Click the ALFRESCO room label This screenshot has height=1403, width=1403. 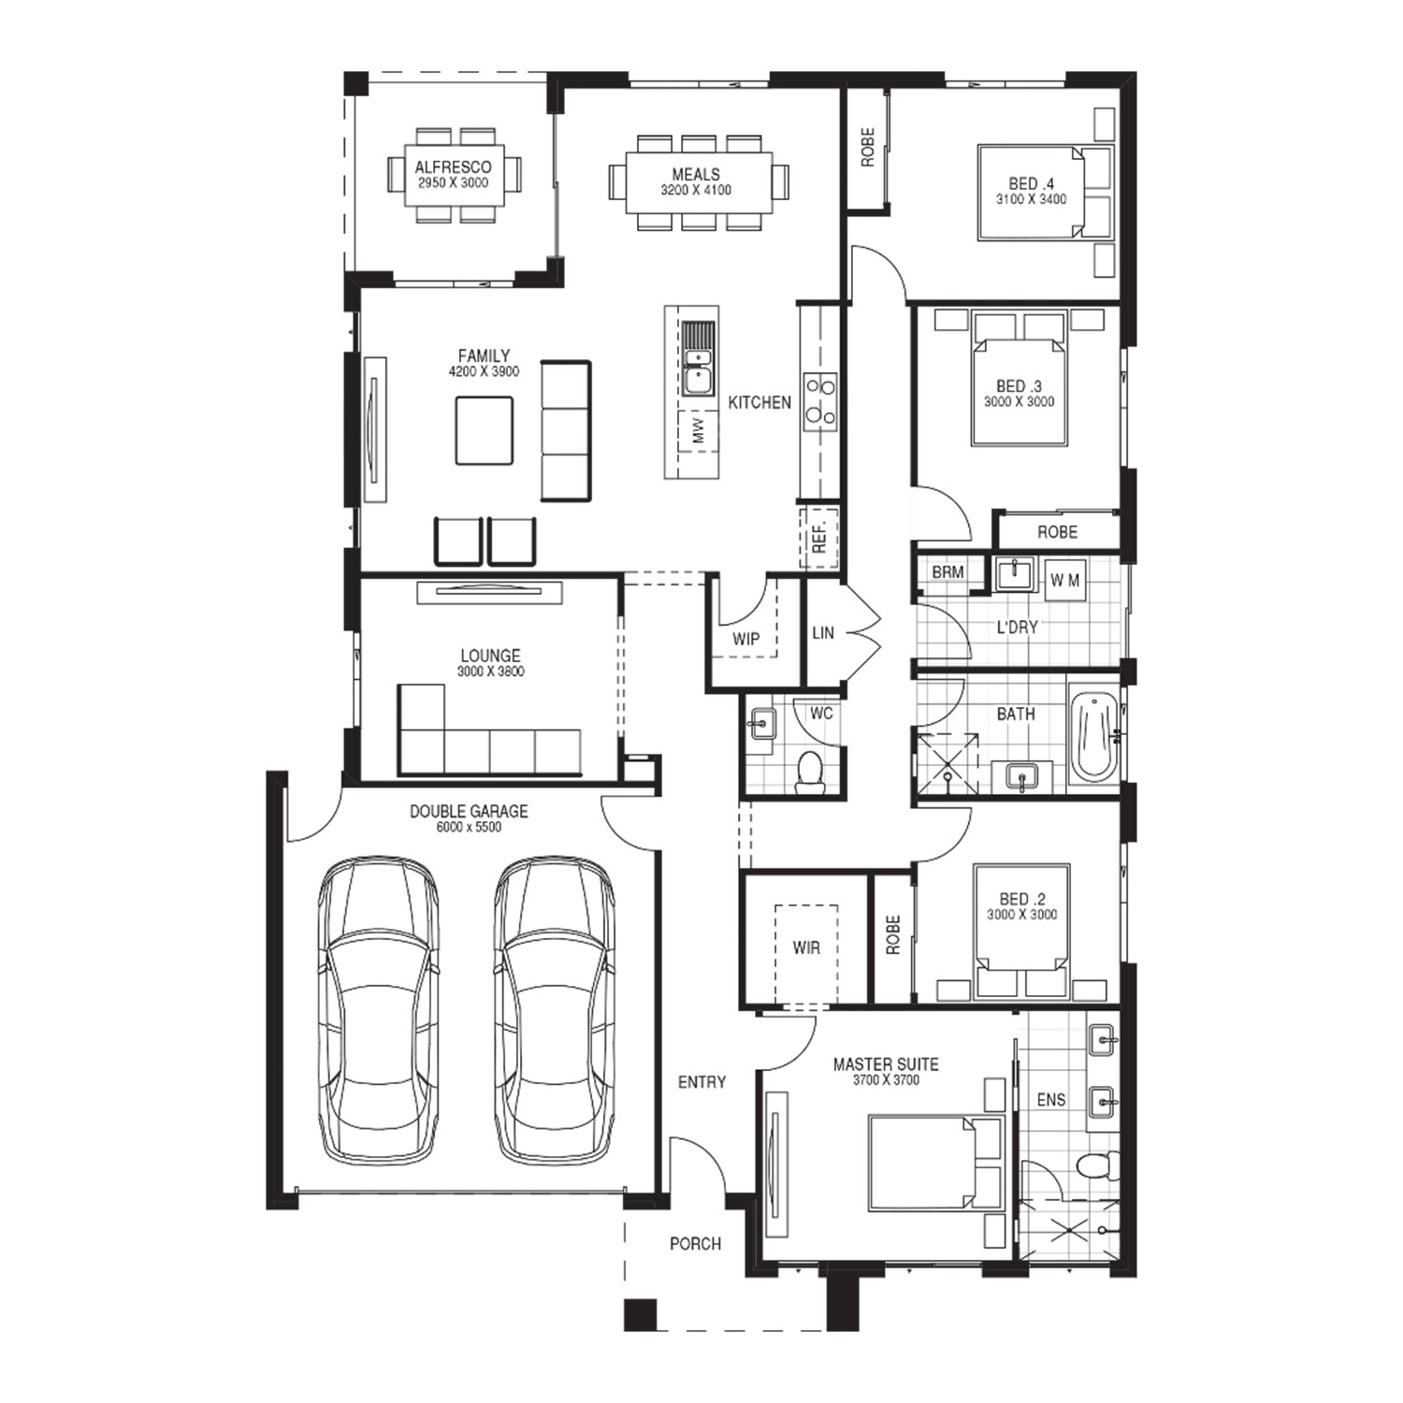click(x=453, y=167)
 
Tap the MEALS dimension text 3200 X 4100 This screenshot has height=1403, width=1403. click(x=696, y=190)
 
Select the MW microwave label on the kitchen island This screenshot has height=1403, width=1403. click(x=697, y=431)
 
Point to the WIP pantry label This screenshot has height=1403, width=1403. click(x=745, y=640)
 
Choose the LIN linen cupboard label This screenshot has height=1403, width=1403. click(x=823, y=633)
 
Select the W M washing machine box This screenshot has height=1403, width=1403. click(x=1064, y=580)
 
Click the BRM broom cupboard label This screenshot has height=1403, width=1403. click(x=947, y=572)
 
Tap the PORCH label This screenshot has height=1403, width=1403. click(x=695, y=1244)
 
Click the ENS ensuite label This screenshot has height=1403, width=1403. click(x=1051, y=1100)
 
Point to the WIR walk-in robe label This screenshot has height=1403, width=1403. click(x=806, y=947)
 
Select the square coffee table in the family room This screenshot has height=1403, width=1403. click(x=485, y=430)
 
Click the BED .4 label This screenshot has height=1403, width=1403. click(x=1031, y=184)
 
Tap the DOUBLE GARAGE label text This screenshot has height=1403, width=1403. click(x=469, y=812)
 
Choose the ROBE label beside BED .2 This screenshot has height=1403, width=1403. click(x=892, y=934)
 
